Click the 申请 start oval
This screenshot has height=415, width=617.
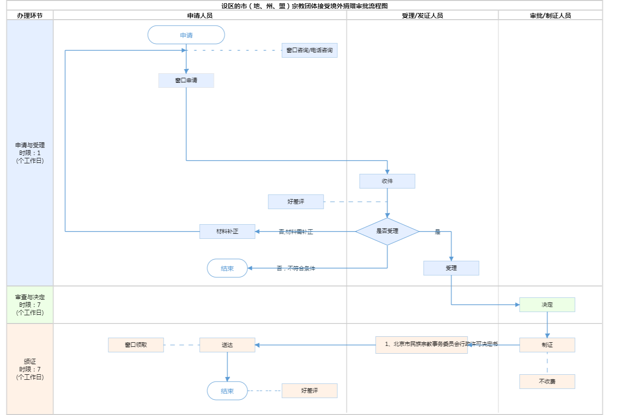(x=186, y=35)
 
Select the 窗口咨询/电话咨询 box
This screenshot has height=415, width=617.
(x=309, y=50)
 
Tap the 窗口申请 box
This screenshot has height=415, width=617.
(x=186, y=81)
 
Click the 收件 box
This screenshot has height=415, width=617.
(x=387, y=181)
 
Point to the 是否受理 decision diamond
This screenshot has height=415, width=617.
(x=387, y=232)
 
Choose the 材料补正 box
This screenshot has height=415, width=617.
(x=227, y=232)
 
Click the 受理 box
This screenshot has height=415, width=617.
(x=451, y=268)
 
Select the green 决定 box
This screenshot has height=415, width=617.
(x=547, y=305)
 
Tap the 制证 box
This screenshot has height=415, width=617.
(x=547, y=345)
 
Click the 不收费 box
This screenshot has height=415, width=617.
(x=547, y=382)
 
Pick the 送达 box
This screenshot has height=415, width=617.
(x=227, y=345)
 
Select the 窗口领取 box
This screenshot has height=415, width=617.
(x=136, y=345)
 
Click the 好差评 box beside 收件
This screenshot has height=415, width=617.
(x=296, y=202)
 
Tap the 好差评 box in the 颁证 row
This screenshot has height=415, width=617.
(x=309, y=391)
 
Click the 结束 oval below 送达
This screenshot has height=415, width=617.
(x=227, y=391)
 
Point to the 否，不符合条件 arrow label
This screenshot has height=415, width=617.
(x=296, y=269)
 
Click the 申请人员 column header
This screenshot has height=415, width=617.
(x=200, y=16)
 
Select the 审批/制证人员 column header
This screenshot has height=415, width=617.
(x=550, y=16)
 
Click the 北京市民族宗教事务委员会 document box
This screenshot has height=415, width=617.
(x=421, y=345)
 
